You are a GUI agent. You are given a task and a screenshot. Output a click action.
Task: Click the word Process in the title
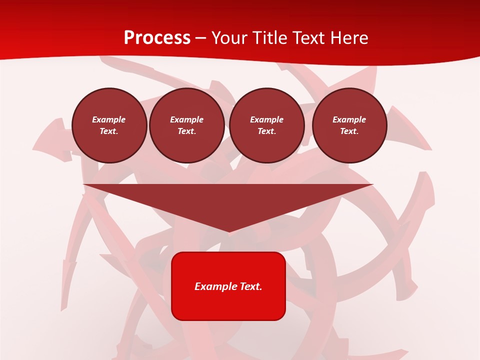click(x=157, y=38)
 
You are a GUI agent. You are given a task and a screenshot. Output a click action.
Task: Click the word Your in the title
click(x=229, y=38)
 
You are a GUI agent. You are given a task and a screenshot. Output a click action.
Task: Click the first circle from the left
click(x=109, y=125)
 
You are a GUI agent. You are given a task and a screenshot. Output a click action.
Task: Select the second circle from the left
click(x=187, y=125)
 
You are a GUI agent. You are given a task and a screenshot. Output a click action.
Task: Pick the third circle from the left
click(x=267, y=125)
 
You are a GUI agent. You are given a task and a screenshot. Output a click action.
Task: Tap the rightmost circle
click(x=349, y=125)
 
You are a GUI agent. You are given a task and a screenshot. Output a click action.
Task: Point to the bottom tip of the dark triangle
click(x=229, y=231)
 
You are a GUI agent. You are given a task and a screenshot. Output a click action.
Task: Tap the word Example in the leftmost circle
click(x=109, y=119)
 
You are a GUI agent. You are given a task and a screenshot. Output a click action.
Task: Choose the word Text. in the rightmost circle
click(x=349, y=131)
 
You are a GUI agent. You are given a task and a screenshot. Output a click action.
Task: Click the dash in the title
click(x=201, y=38)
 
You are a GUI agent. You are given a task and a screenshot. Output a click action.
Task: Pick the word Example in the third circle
click(x=267, y=119)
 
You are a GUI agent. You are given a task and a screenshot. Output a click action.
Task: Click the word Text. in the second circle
click(x=187, y=131)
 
